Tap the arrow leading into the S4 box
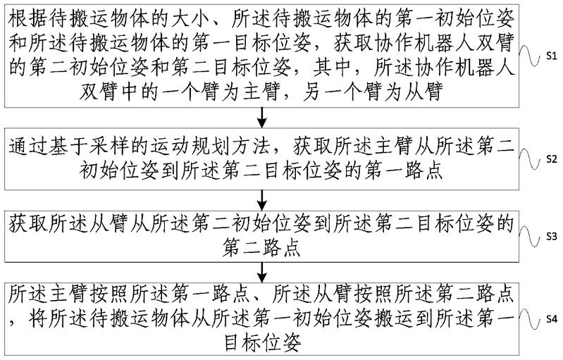(264, 271)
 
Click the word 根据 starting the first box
(23, 13)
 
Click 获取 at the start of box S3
(23, 225)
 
